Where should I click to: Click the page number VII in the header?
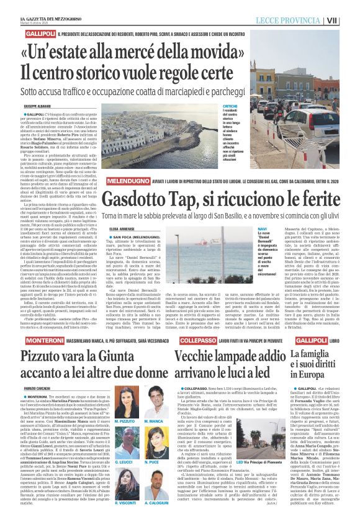click(350, 19)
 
